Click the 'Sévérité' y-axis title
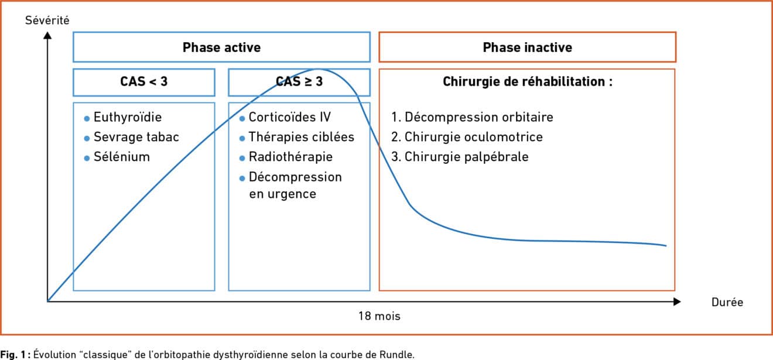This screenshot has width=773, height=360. pos(47,20)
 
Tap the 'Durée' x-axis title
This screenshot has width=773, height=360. pos(727,302)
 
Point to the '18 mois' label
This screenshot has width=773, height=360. pos(379,316)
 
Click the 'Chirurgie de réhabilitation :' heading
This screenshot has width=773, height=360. pos(528,82)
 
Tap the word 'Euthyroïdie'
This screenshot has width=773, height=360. pos(128,117)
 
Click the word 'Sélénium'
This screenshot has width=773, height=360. pos(122,157)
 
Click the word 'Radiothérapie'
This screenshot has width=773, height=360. pos(290,157)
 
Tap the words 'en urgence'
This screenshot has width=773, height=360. pos(283,194)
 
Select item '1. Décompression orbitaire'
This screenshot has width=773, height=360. pos(472,117)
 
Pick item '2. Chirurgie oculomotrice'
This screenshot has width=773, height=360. pos(467,137)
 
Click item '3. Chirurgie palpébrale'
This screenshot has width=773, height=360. pos(460,157)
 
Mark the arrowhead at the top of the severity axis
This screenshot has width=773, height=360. pos(47,35)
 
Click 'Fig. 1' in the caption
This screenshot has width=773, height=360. pos(13,355)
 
